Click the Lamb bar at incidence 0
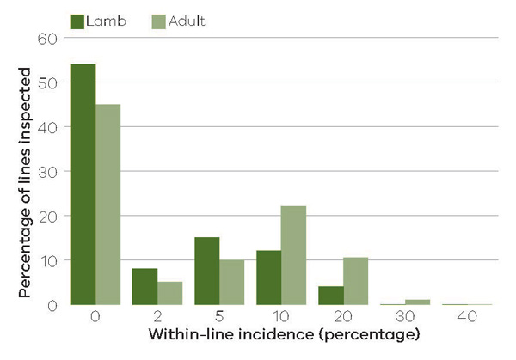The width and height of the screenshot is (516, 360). (x=83, y=184)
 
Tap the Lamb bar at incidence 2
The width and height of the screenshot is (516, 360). (x=145, y=286)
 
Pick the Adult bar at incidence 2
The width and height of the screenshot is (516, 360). (x=170, y=293)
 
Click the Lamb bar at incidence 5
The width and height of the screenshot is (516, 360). (x=207, y=271)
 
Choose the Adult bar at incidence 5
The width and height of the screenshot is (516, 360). (x=232, y=282)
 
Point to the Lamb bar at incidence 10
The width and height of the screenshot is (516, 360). (x=269, y=278)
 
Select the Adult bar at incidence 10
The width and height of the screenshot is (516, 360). (x=294, y=255)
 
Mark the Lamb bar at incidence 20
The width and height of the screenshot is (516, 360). (x=331, y=295)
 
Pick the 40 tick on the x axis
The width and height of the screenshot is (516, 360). (x=468, y=316)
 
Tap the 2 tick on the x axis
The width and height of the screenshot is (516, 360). (x=157, y=316)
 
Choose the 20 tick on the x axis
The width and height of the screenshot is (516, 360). (x=344, y=316)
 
